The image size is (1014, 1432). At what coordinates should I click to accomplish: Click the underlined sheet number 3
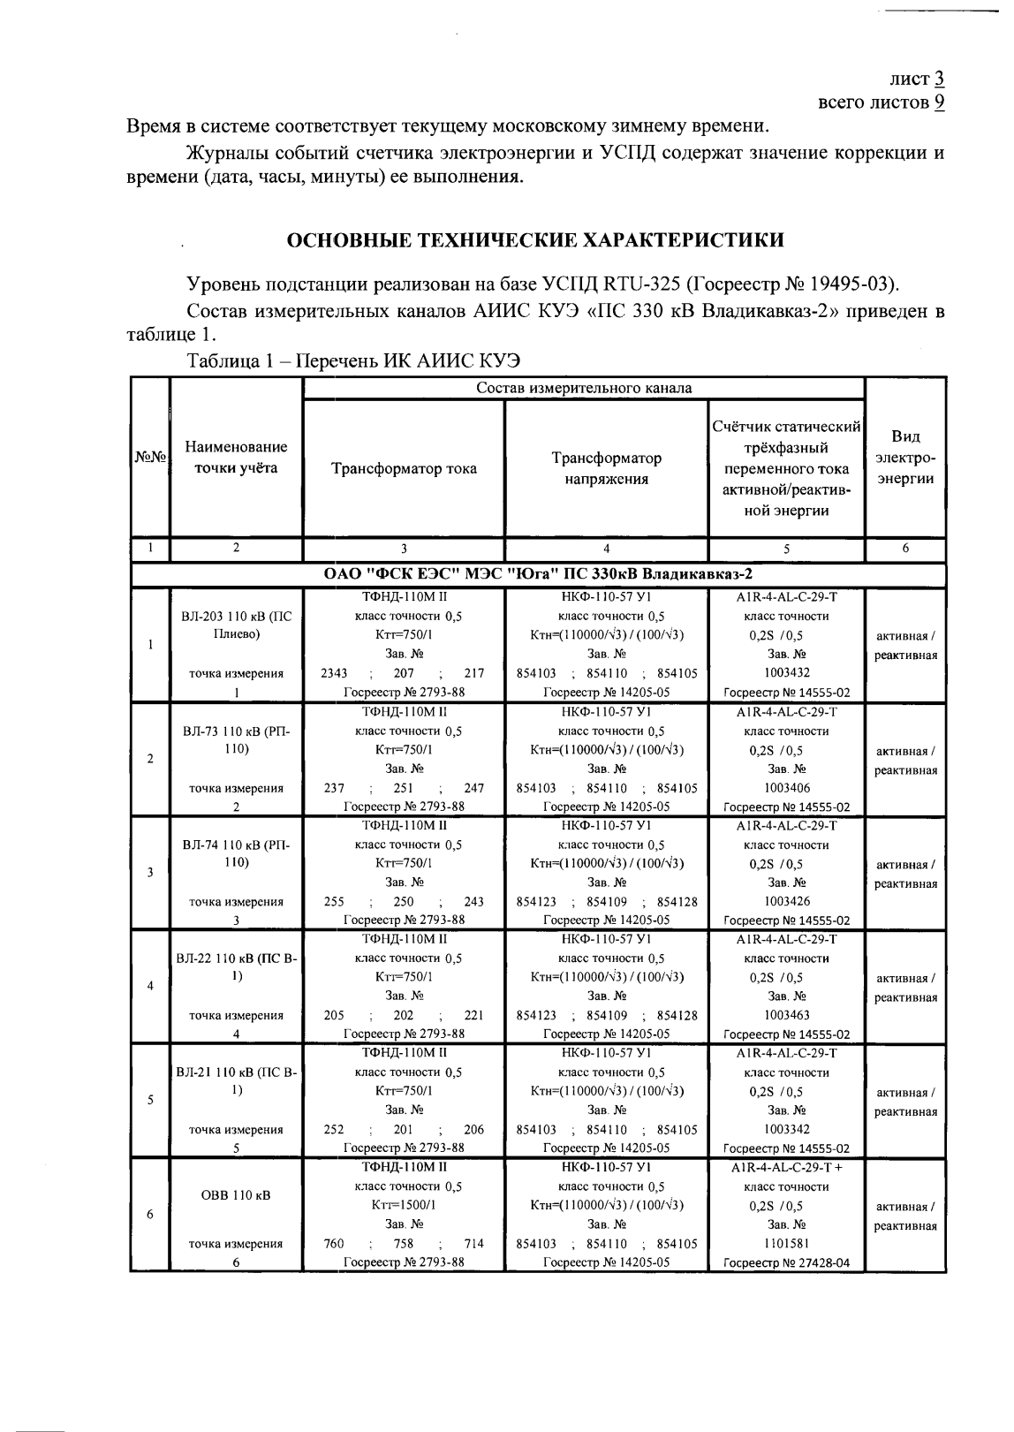(x=939, y=79)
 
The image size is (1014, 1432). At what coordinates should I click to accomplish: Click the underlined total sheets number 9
(x=939, y=102)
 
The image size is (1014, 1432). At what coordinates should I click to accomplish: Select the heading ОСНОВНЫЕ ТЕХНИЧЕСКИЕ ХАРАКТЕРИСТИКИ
(x=535, y=240)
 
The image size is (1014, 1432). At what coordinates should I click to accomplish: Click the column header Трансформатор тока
(x=404, y=469)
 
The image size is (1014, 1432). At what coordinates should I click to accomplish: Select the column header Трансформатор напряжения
(x=606, y=469)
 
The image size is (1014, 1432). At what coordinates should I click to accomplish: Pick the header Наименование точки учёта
(x=236, y=458)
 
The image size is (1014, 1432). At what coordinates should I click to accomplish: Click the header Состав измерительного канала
(x=584, y=388)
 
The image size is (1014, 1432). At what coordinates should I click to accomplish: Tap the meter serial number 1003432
(x=786, y=673)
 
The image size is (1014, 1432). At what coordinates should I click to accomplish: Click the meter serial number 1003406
(x=786, y=788)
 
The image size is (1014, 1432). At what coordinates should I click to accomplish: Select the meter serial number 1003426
(x=786, y=902)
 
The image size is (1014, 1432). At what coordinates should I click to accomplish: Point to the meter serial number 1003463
(x=786, y=1015)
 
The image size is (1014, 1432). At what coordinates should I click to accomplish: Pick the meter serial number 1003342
(x=786, y=1129)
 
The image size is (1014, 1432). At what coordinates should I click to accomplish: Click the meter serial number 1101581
(x=786, y=1243)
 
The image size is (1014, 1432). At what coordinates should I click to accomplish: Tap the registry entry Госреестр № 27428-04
(x=786, y=1263)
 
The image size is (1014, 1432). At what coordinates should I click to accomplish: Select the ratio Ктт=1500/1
(x=404, y=1205)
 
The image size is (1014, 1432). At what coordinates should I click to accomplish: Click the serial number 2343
(x=334, y=673)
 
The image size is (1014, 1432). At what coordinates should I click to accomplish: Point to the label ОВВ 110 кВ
(x=236, y=1196)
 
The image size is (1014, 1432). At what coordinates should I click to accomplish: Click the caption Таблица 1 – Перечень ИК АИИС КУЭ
(x=353, y=361)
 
